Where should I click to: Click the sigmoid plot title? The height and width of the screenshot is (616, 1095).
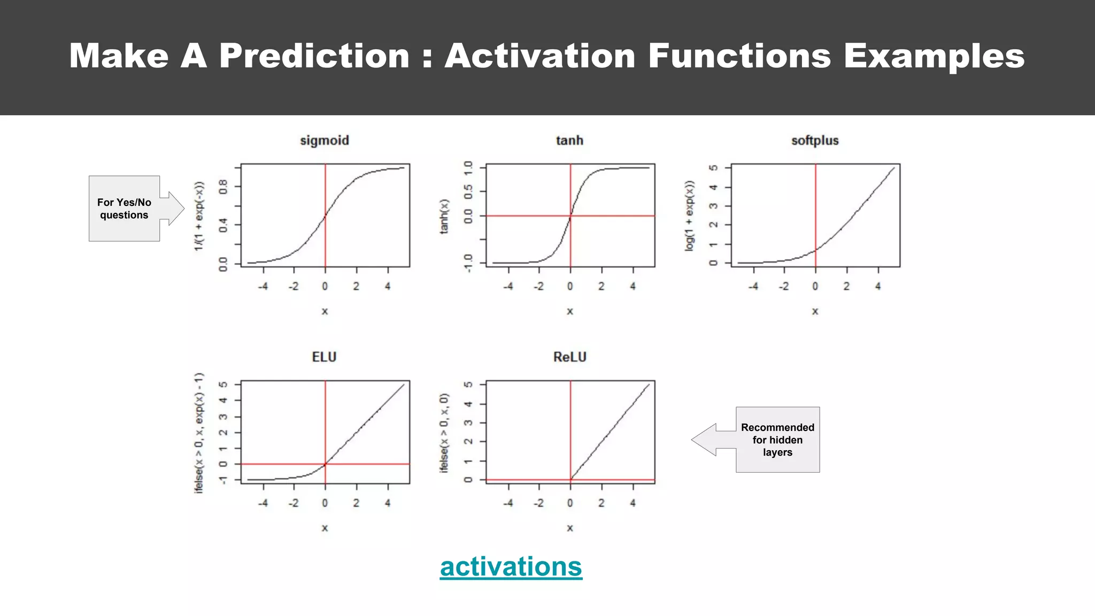(x=324, y=141)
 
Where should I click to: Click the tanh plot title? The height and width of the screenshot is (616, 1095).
(x=569, y=141)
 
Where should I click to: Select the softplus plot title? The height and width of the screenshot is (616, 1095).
(x=815, y=141)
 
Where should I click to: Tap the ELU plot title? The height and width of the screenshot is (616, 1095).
(x=324, y=357)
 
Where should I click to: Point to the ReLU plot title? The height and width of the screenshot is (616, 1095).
(x=569, y=357)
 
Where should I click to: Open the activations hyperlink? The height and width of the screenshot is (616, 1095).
(x=511, y=567)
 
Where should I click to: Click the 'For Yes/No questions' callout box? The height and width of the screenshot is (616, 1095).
(x=124, y=209)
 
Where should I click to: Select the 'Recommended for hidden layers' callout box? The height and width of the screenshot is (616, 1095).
(x=777, y=440)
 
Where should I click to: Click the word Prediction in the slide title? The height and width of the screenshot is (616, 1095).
(x=314, y=56)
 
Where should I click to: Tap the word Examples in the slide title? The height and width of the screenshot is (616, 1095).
(x=934, y=56)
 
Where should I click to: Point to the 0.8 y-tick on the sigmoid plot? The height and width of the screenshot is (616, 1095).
(x=223, y=187)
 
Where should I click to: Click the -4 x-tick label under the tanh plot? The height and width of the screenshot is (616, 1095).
(x=507, y=287)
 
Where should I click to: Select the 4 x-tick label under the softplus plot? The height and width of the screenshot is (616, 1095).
(x=877, y=287)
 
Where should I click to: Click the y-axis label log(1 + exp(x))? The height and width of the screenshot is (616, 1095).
(x=689, y=215)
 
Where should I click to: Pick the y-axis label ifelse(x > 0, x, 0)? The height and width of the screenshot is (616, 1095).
(x=444, y=433)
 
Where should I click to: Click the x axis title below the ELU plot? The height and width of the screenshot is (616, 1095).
(x=325, y=528)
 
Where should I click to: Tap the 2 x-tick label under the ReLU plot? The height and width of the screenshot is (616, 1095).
(x=602, y=503)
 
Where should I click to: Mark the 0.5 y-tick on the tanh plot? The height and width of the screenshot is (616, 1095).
(x=468, y=191)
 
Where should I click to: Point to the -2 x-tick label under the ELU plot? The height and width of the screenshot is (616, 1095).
(x=294, y=503)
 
